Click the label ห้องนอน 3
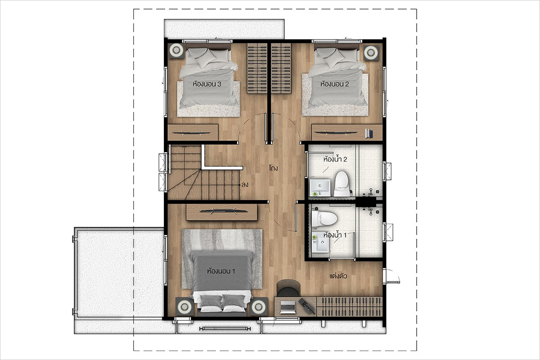pyautogui.click(x=207, y=84)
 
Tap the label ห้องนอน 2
pyautogui.click(x=335, y=84)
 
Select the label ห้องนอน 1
pyautogui.click(x=221, y=271)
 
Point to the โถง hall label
pyautogui.click(x=274, y=168)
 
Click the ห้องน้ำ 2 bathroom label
pyautogui.click(x=335, y=159)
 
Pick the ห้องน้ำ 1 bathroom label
pyautogui.click(x=335, y=235)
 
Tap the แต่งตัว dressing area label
pyautogui.click(x=338, y=276)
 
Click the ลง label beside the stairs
pyautogui.click(x=245, y=185)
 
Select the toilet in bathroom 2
pyautogui.click(x=342, y=183)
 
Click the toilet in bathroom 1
pyautogui.click(x=324, y=219)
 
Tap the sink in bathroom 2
pyautogui.click(x=320, y=187)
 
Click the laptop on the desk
pyautogui.click(x=288, y=307)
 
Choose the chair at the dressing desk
pyautogui.click(x=288, y=288)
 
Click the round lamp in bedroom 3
pyautogui.click(x=176, y=51)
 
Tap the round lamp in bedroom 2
pyautogui.click(x=371, y=52)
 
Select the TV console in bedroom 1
pyautogui.click(x=221, y=212)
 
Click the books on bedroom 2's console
pyautogui.click(x=369, y=134)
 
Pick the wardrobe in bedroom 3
pyautogui.click(x=257, y=68)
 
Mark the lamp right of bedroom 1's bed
pyautogui.click(x=259, y=306)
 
